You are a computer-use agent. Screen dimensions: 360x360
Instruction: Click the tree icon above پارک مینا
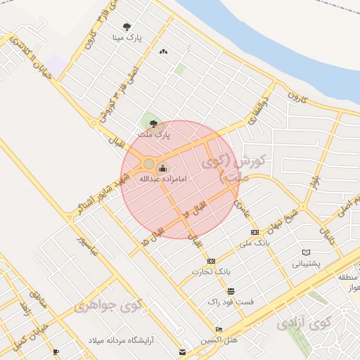(127, 26)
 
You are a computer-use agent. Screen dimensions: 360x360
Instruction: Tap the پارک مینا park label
(128, 38)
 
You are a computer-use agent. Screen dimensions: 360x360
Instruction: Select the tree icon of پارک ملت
(153, 123)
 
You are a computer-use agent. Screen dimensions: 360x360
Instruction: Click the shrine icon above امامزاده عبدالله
(163, 168)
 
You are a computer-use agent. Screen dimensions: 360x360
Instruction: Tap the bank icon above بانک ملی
(254, 232)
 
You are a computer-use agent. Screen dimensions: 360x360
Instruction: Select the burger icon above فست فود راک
(230, 290)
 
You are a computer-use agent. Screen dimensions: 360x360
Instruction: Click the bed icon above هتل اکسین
(219, 329)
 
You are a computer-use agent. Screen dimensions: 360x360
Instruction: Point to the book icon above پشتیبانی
(305, 252)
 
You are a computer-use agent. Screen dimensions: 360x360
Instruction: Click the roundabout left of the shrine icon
(148, 164)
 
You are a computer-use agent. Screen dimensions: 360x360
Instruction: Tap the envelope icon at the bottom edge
(183, 352)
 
